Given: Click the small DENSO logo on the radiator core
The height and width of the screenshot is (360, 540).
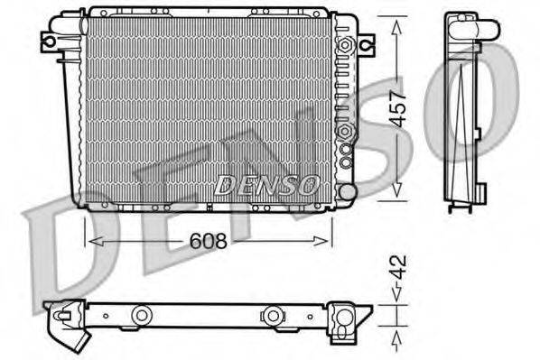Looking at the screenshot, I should [266, 185].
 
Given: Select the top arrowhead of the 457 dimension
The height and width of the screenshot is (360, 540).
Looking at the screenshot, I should [396, 20].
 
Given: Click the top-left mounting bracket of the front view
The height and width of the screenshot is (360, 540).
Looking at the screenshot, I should [51, 40].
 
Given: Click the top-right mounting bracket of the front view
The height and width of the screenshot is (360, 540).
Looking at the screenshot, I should [365, 42].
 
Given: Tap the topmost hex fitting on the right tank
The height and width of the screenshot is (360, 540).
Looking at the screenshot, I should [344, 45].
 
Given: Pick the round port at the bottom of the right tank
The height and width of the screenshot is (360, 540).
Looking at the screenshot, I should [346, 191].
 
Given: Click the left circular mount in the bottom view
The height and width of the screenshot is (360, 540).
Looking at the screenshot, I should [142, 315].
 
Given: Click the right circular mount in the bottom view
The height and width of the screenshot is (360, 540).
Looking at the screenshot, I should [271, 315].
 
